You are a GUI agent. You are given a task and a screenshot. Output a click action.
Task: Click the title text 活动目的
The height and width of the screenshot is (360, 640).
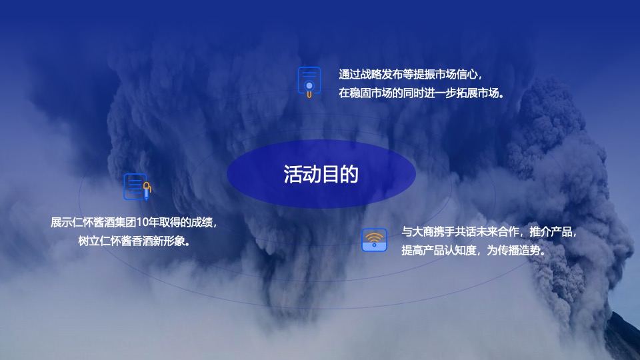[x=321, y=174]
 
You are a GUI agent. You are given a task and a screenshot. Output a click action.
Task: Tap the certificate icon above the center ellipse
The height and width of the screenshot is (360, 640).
[x=309, y=81]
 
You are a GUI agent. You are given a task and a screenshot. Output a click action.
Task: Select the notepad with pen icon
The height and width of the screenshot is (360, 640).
[x=137, y=187]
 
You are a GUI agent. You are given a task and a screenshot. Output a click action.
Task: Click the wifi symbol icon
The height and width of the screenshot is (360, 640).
[x=374, y=240]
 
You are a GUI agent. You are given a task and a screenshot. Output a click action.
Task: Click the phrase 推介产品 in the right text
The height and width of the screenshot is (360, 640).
[x=551, y=232]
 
